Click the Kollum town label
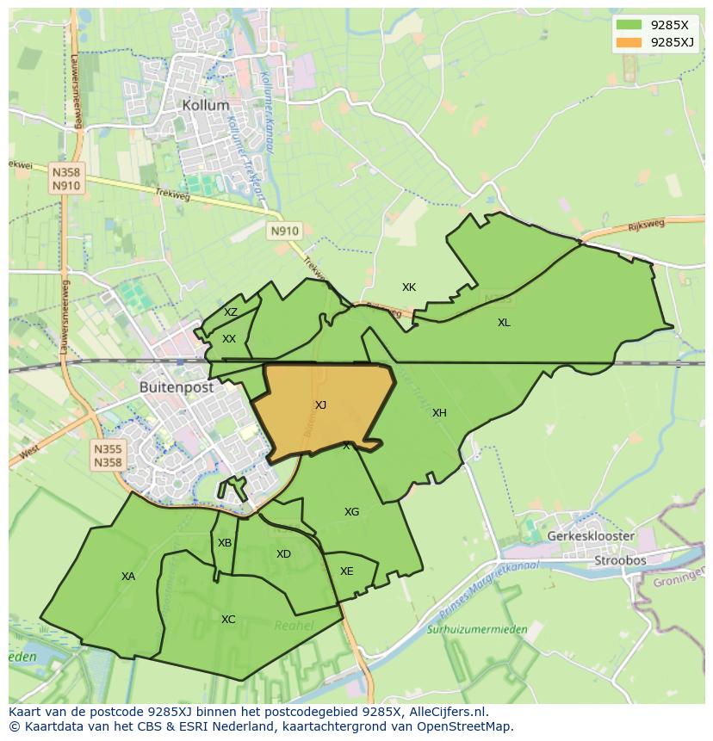206,105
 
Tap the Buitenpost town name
177,388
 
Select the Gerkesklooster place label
591,536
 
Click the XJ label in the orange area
320,405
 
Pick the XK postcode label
409,287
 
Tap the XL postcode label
504,323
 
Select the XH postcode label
439,413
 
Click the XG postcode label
351,512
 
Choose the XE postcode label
346,571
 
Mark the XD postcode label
283,554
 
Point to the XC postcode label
228,620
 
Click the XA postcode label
128,577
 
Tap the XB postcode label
225,543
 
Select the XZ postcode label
231,312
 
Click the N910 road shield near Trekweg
284,231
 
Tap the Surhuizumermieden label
477,630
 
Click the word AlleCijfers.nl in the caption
447,712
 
